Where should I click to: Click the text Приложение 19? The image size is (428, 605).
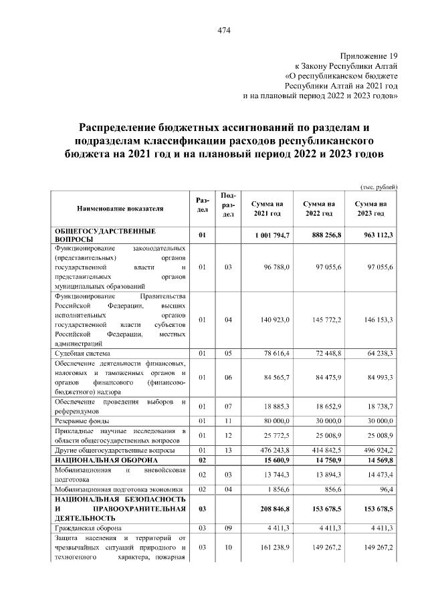tap(369, 56)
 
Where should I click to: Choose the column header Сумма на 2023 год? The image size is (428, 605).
tap(370, 208)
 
